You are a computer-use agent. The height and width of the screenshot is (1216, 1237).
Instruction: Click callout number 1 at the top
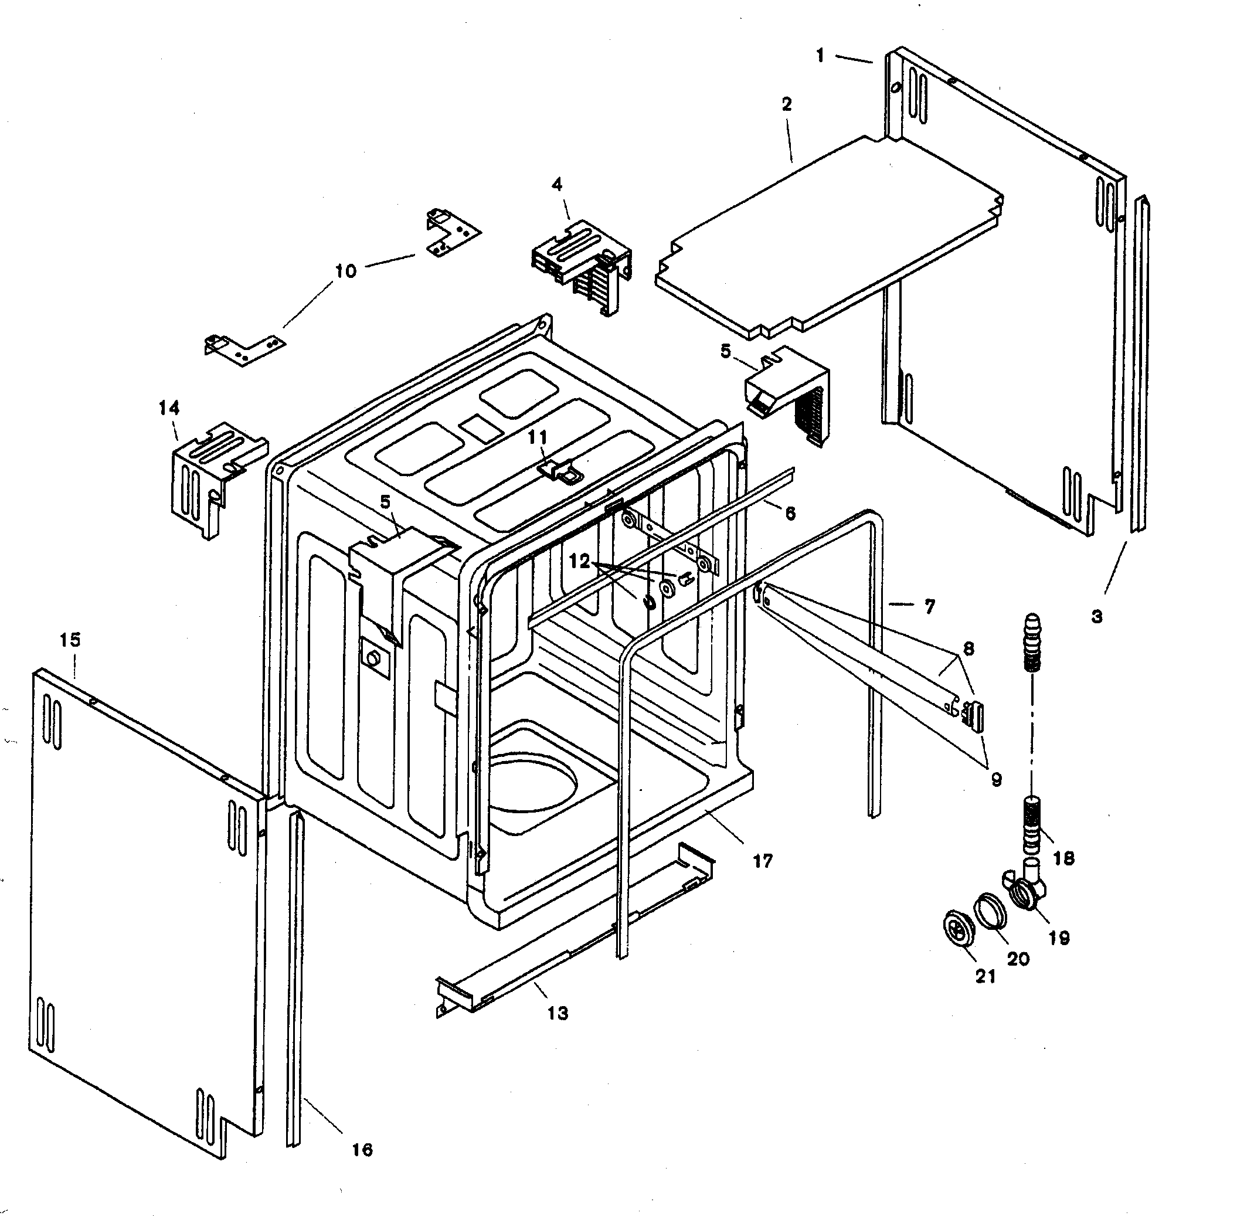(820, 56)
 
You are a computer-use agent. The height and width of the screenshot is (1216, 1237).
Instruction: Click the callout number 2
(786, 103)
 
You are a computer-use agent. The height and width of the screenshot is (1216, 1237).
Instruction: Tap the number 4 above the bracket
(557, 185)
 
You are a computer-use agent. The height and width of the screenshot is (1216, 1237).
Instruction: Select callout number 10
(345, 271)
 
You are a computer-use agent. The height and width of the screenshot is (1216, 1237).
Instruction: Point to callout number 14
(169, 407)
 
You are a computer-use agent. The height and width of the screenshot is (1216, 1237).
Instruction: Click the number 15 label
(71, 639)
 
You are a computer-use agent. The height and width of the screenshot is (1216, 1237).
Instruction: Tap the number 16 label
(362, 1150)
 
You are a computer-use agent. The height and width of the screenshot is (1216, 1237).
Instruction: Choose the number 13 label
(558, 1013)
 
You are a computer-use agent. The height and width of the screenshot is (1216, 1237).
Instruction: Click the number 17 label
(763, 861)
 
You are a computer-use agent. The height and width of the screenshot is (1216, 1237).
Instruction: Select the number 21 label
(985, 976)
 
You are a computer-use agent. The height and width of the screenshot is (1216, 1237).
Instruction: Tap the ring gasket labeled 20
(989, 909)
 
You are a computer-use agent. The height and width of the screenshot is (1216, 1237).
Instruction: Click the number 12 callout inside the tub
(579, 561)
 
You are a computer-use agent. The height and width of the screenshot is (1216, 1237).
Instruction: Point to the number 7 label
(930, 606)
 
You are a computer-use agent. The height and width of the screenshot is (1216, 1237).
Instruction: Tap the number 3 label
(1096, 616)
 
